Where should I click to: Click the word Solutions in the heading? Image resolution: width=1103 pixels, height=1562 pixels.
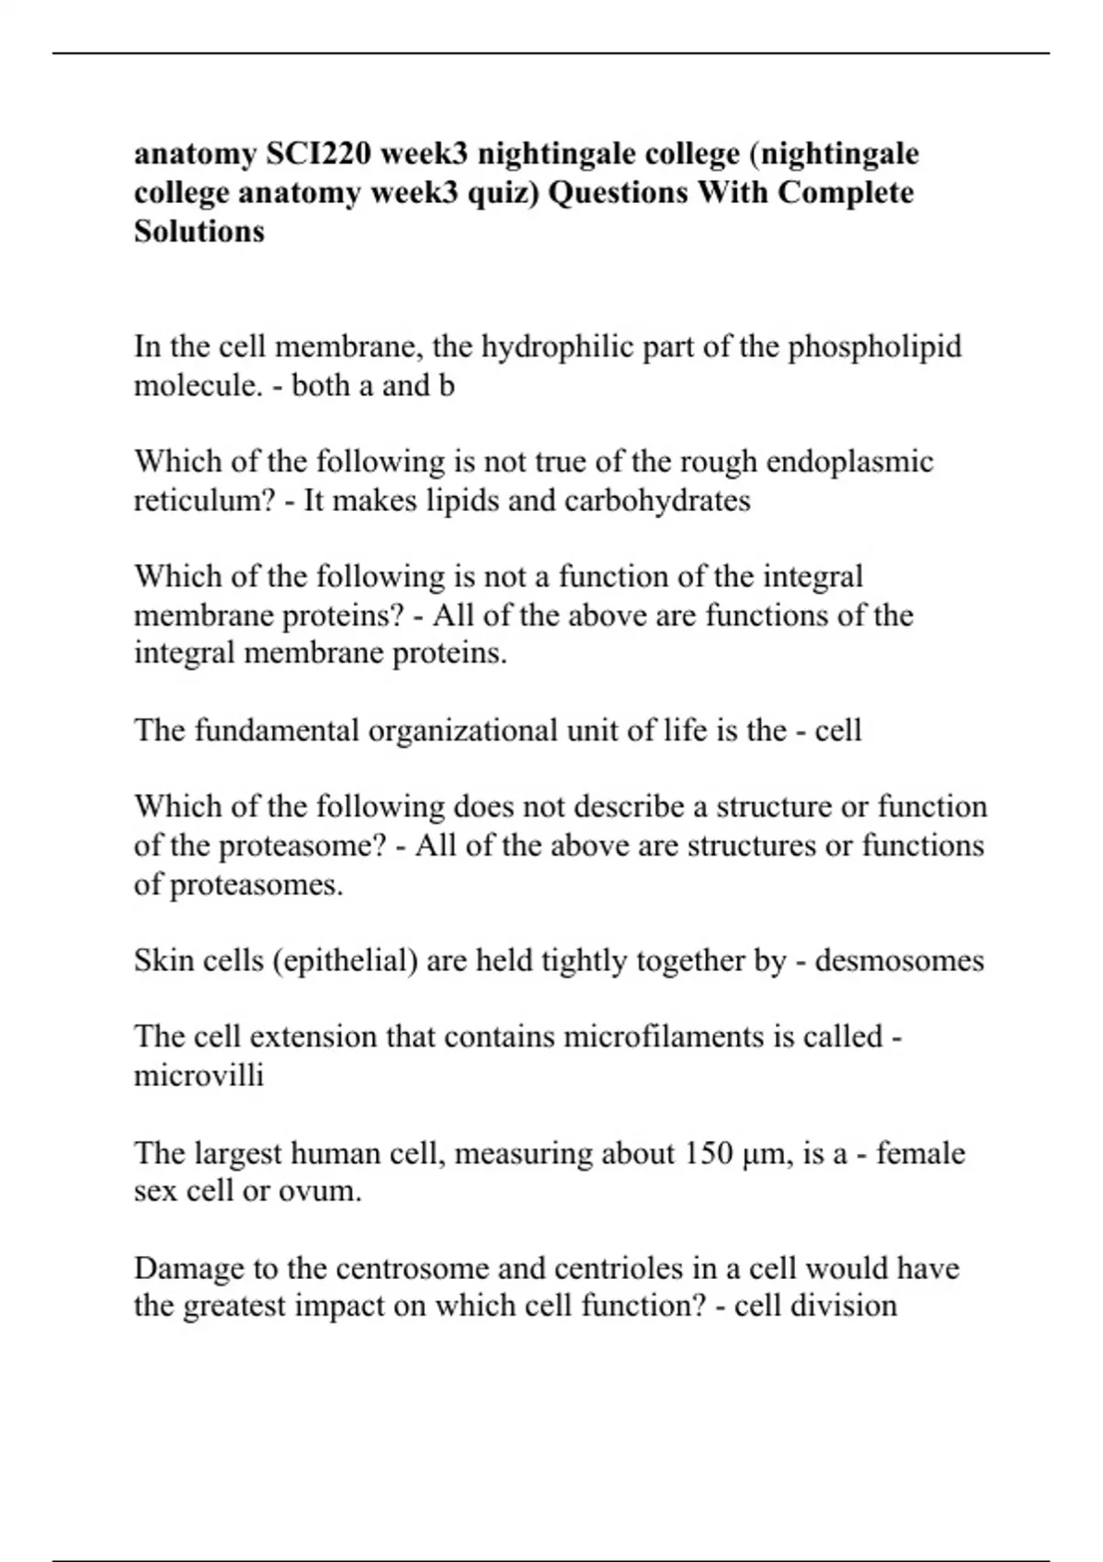(x=199, y=231)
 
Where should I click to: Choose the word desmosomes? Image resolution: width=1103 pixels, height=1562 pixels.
(x=899, y=961)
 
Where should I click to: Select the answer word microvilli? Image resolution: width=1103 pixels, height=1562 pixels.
(x=199, y=1075)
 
